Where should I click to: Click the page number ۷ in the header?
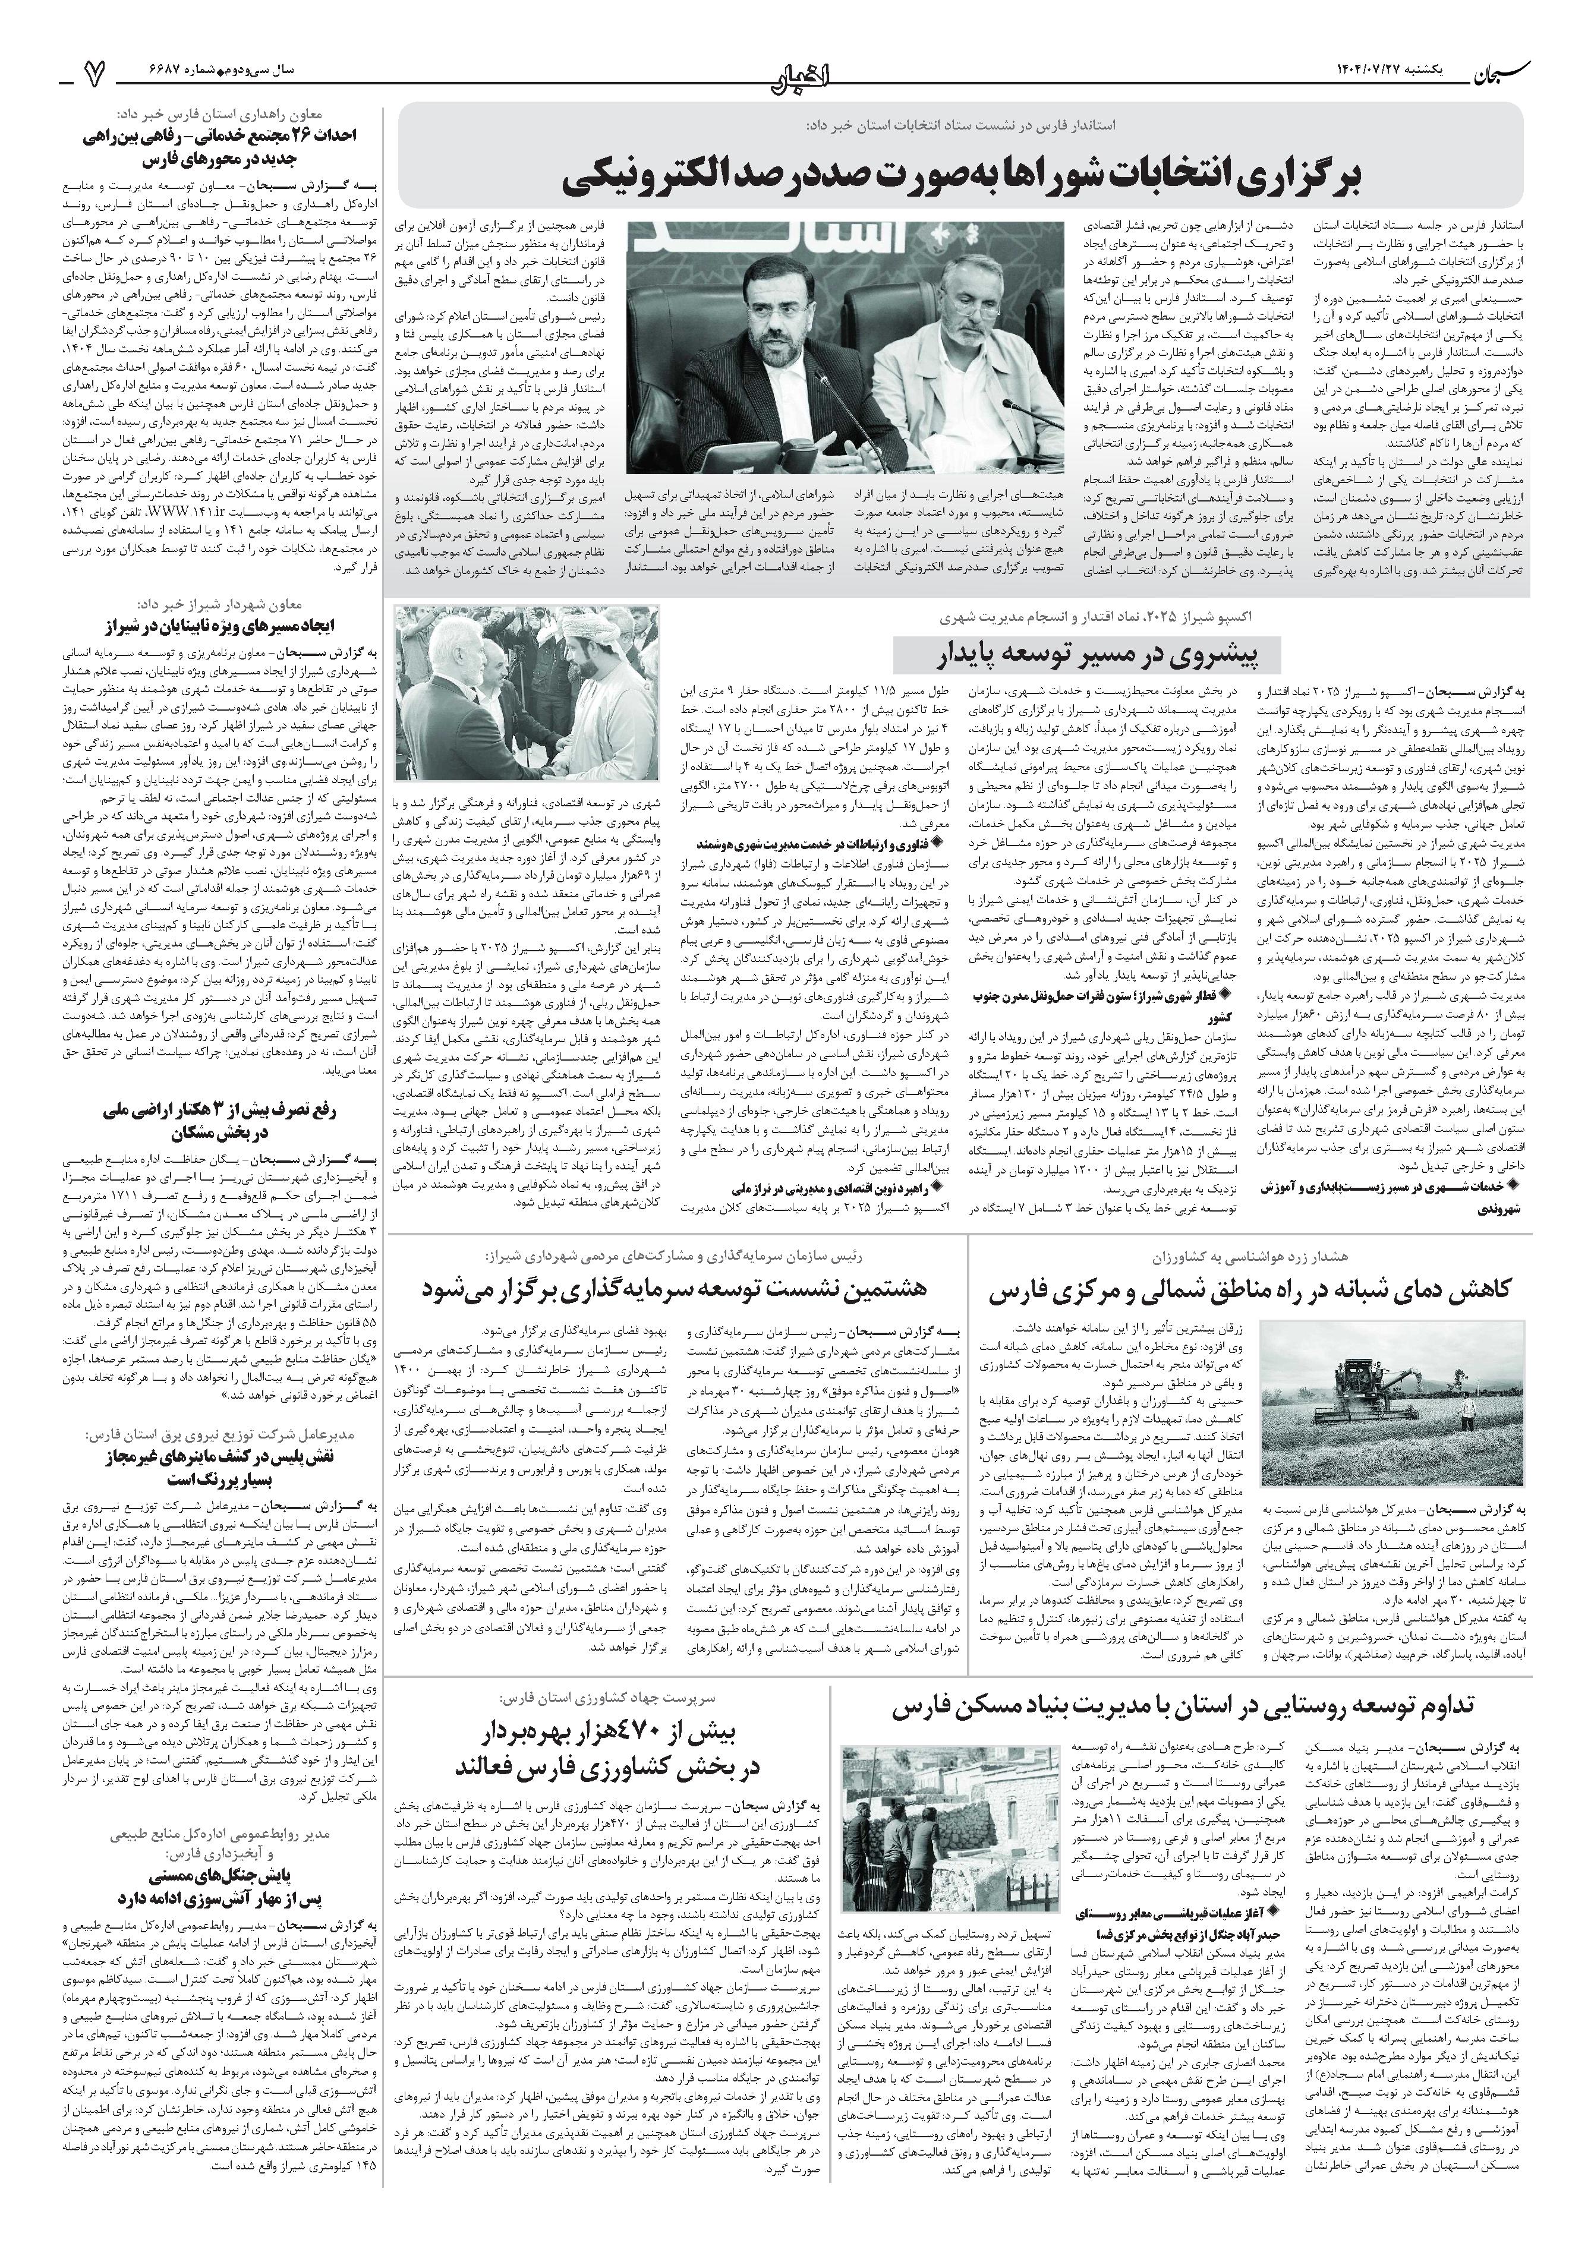95,71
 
